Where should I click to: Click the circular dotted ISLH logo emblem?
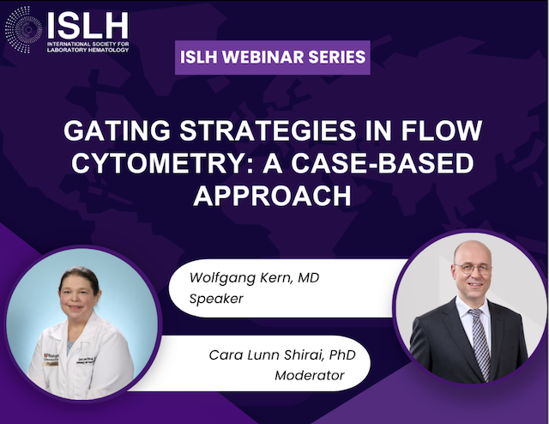23,30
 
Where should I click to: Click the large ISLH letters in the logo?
87,26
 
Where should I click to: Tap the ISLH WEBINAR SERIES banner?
273,58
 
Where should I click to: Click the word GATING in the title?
117,130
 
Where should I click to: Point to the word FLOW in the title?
442,130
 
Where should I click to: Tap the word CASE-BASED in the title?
383,163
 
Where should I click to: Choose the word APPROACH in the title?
273,195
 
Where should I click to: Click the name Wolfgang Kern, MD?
254,278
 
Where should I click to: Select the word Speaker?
216,299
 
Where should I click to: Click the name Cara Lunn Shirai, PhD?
282,354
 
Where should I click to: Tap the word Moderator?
310,375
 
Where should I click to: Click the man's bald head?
472,250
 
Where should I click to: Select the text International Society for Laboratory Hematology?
87,46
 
